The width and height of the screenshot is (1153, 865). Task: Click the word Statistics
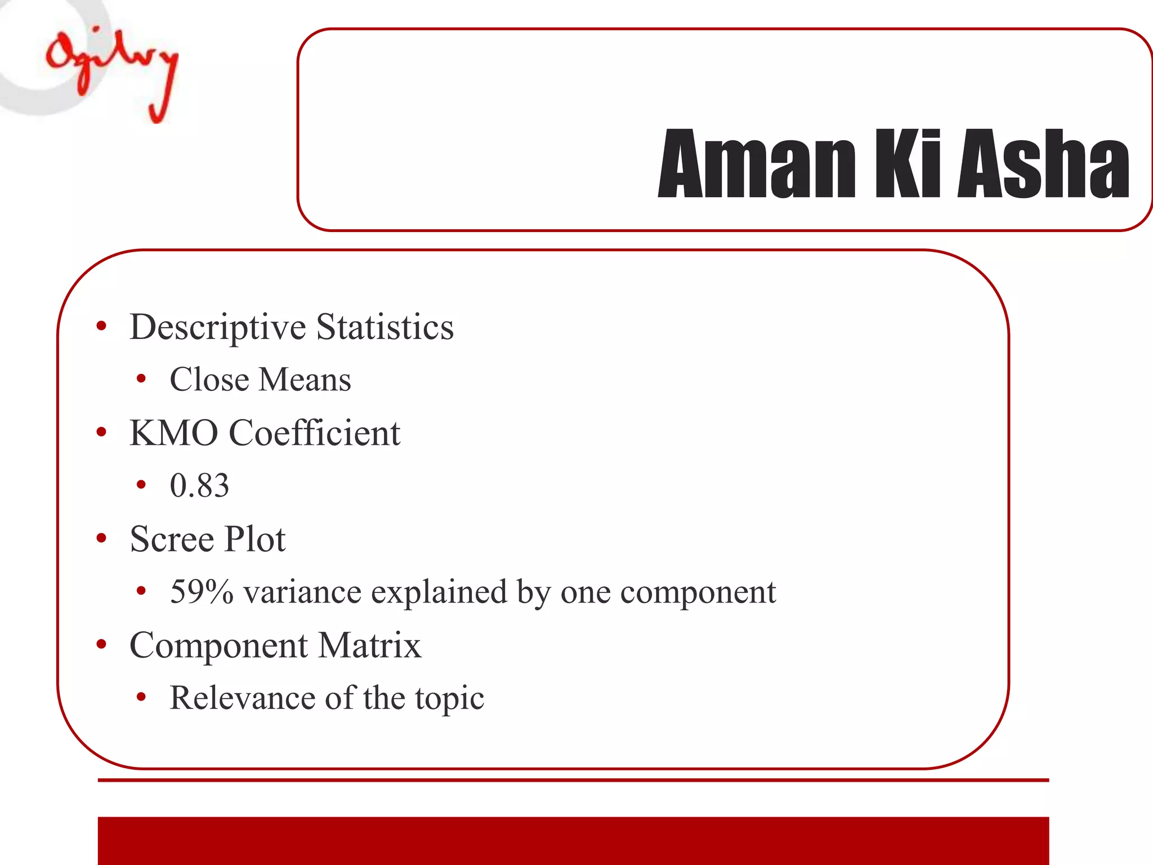tap(385, 327)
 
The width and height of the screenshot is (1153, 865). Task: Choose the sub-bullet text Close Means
tap(260, 380)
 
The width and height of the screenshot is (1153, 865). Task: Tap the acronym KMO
tap(173, 433)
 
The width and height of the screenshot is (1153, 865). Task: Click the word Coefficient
tap(314, 433)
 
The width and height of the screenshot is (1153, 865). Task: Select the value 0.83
tap(199, 485)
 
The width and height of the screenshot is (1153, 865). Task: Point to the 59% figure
tap(202, 592)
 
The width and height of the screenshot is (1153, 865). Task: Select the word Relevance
tap(243, 698)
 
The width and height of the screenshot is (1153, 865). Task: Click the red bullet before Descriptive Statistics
tap(101, 327)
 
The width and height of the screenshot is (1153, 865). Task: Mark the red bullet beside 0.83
tap(141, 485)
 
